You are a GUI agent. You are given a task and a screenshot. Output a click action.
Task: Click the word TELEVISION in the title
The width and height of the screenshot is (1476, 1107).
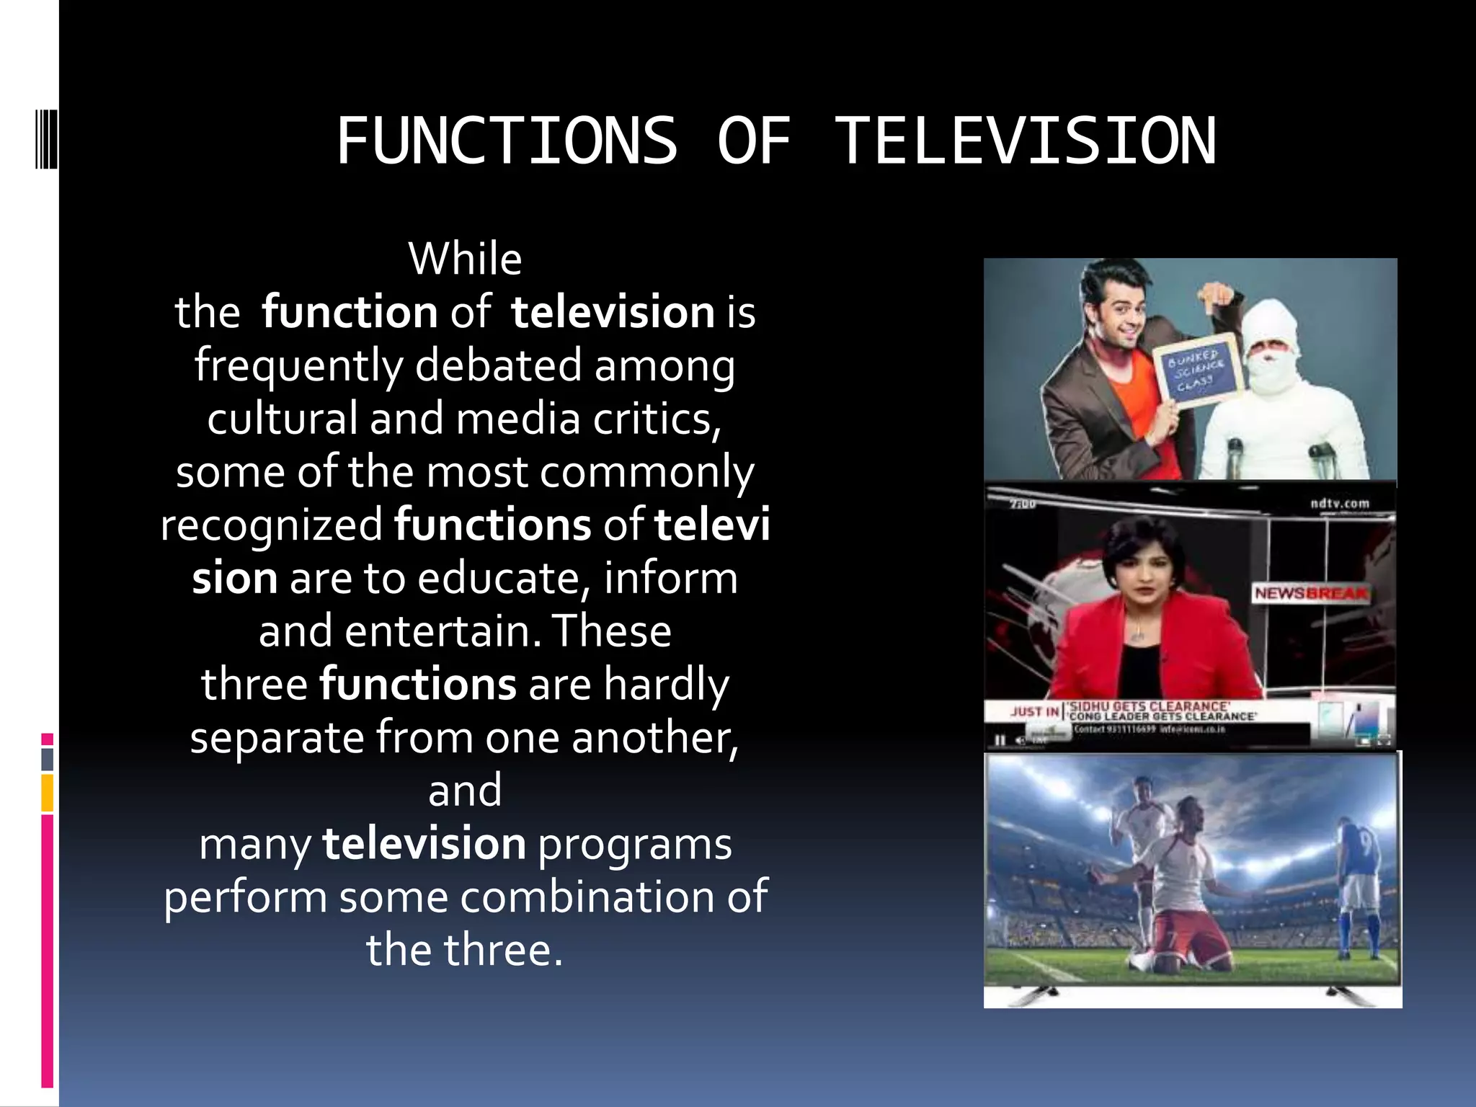pos(1026,141)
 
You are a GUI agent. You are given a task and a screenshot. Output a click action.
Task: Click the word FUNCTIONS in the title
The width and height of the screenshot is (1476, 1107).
pos(507,141)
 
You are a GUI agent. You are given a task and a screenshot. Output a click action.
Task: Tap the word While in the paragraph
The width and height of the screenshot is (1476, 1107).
pos(465,259)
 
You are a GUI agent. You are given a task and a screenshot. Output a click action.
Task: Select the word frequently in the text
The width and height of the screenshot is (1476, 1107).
pos(298,365)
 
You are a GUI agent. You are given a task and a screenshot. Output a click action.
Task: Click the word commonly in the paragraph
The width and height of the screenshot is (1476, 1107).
pos(646,473)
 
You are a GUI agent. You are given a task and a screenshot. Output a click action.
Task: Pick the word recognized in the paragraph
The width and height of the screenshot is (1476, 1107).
pos(272,525)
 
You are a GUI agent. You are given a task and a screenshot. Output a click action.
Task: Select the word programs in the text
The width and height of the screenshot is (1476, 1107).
pos(634,844)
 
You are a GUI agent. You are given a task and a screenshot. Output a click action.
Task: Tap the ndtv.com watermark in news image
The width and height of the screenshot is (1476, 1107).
pos(1339,503)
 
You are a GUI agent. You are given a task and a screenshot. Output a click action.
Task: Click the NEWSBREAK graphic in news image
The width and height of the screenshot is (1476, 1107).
pos(1310,593)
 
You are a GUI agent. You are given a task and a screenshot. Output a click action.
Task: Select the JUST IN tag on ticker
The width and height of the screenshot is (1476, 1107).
pos(1033,711)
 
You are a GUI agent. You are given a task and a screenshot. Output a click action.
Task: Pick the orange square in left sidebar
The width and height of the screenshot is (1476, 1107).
pos(48,792)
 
